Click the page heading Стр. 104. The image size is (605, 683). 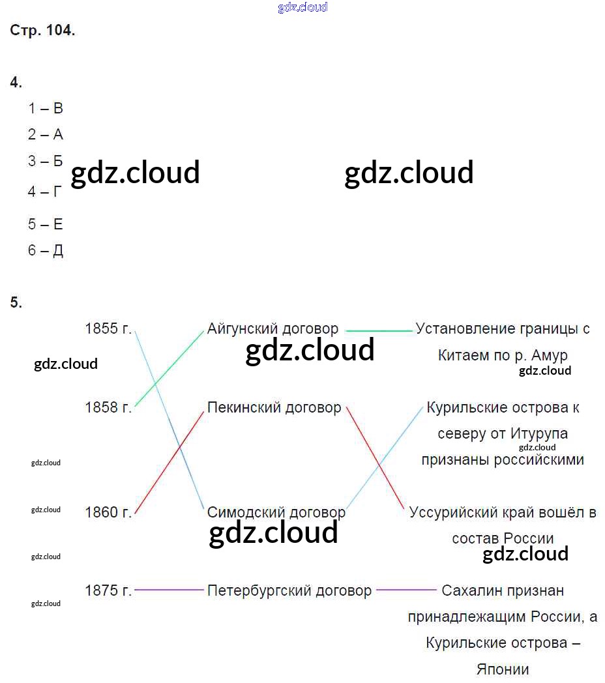coord(42,31)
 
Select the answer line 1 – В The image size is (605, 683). coord(45,109)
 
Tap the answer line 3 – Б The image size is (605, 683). coord(45,161)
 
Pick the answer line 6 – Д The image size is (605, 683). coord(45,251)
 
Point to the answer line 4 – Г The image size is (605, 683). coord(45,192)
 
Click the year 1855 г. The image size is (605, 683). coord(108,329)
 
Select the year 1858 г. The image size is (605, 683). coord(108,407)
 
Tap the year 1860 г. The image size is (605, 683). coord(108,512)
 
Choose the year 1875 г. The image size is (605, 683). coord(108,591)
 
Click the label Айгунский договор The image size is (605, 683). coord(273,329)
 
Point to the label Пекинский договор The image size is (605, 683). coord(274,407)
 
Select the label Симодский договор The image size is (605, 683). coord(276,512)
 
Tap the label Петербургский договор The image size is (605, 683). coord(289,591)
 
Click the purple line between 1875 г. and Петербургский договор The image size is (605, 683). coord(169,590)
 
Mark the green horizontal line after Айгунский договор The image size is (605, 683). coord(379,331)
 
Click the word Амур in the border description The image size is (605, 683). coord(550,356)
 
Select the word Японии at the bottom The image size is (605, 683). coord(503,669)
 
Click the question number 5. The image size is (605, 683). coord(16,302)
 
